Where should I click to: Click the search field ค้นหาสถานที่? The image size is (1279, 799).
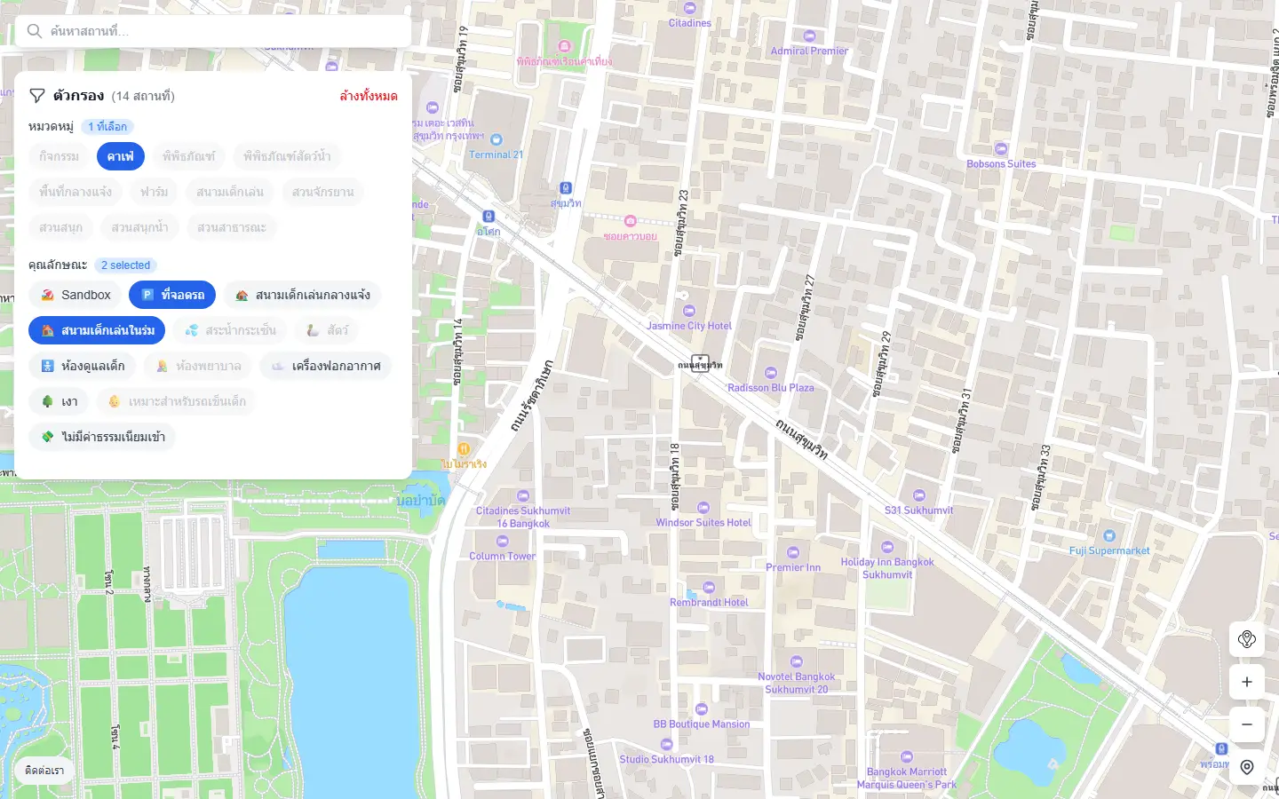pyautogui.click(x=213, y=31)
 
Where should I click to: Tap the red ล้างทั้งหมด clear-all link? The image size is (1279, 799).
pyautogui.click(x=369, y=96)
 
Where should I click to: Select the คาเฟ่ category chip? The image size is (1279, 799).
pyautogui.click(x=121, y=156)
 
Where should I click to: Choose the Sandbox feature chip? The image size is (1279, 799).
pyautogui.click(x=75, y=295)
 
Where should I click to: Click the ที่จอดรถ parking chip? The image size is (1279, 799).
pyautogui.click(x=172, y=295)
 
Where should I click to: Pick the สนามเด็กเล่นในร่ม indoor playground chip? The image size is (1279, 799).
pyautogui.click(x=97, y=330)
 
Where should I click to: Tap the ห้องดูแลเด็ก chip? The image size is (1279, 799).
pyautogui.click(x=83, y=366)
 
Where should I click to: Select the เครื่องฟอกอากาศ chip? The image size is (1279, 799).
pyautogui.click(x=326, y=366)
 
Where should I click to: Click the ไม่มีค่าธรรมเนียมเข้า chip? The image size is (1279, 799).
pyautogui.click(x=102, y=437)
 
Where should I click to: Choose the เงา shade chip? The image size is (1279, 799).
pyautogui.click(x=59, y=401)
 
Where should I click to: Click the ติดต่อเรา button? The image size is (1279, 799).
pyautogui.click(x=44, y=771)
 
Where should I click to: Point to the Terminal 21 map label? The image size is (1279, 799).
pyautogui.click(x=496, y=154)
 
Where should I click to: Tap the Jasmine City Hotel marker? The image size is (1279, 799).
pyautogui.click(x=689, y=311)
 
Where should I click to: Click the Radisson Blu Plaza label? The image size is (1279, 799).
pyautogui.click(x=770, y=388)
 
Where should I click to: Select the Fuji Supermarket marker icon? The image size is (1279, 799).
pyautogui.click(x=1108, y=535)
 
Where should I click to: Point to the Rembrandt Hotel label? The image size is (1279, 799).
pyautogui.click(x=709, y=603)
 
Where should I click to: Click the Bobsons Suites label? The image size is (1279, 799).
pyautogui.click(x=1001, y=164)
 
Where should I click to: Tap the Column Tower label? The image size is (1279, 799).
pyautogui.click(x=502, y=557)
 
